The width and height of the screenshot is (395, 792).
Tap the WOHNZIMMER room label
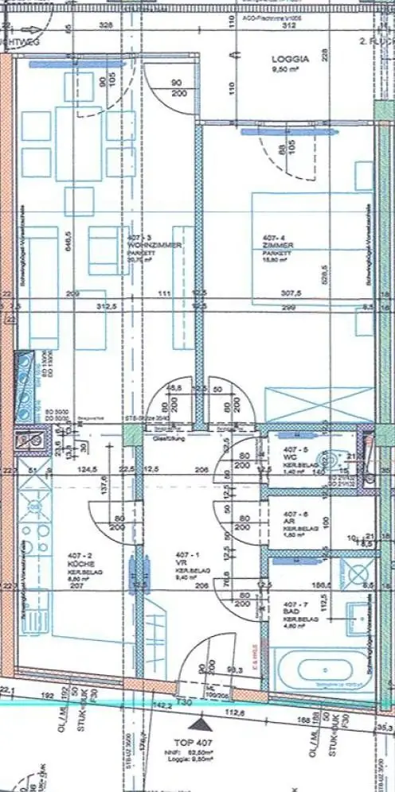(144, 247)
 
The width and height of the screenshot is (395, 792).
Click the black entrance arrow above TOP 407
(199, 724)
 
